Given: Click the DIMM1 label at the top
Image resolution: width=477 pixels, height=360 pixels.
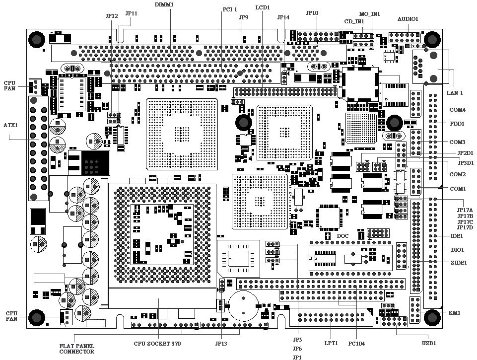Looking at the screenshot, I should (x=164, y=4).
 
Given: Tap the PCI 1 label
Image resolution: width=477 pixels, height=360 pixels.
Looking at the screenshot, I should (x=229, y=9).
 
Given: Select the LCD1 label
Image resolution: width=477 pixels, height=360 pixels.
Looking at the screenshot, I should (x=263, y=8).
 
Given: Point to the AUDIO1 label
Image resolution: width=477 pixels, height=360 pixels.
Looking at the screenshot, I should (x=408, y=19).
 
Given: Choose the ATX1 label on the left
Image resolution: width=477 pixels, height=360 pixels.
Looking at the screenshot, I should (x=11, y=125).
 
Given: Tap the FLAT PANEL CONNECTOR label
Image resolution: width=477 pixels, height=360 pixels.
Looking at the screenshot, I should (x=77, y=349).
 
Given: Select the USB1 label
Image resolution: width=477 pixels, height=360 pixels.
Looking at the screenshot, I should (x=428, y=343).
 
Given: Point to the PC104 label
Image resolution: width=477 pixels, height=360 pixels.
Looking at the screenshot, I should (x=357, y=343).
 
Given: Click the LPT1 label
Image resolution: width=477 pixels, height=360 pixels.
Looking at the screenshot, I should (x=331, y=343).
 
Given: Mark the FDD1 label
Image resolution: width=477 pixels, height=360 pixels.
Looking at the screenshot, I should (x=457, y=123).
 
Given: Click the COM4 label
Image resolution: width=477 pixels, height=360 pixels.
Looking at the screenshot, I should (x=457, y=110).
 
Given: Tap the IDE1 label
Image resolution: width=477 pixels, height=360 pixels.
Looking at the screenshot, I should (x=457, y=236).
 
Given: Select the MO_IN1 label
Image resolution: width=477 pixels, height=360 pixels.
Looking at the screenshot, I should (x=369, y=14).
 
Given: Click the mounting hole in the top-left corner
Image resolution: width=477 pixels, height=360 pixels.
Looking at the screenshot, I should (x=36, y=39).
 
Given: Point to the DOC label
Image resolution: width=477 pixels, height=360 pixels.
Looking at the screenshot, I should (x=343, y=235).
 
